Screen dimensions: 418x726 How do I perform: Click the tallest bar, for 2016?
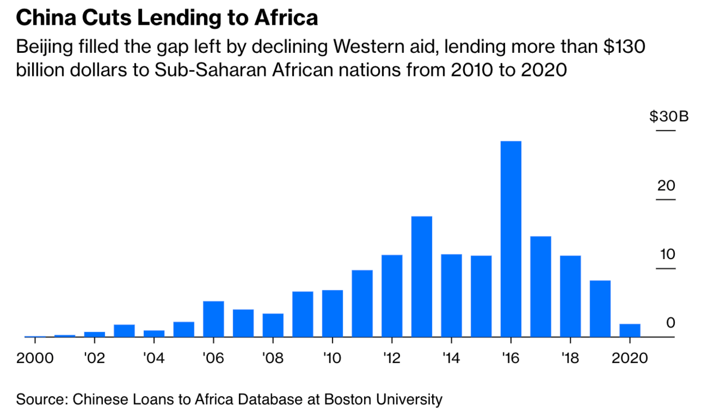coord(511,239)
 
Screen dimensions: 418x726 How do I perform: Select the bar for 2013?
coord(421,276)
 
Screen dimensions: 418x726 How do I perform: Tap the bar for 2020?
coord(630,330)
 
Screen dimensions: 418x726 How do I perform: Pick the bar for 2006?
coord(214,319)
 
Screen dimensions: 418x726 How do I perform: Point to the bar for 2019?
coord(600,308)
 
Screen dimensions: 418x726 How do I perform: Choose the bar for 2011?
coord(362,303)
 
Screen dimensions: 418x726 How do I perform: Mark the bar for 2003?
coord(124,330)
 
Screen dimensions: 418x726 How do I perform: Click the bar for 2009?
coord(303,314)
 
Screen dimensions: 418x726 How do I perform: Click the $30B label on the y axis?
coord(669,117)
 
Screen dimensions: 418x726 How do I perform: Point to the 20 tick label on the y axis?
coord(666,185)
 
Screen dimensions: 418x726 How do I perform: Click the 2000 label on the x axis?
coord(35,358)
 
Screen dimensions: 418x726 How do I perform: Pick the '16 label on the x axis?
coord(511,358)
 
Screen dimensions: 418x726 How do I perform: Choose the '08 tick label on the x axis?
coord(273,358)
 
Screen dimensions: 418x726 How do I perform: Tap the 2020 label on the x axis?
coord(630,358)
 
